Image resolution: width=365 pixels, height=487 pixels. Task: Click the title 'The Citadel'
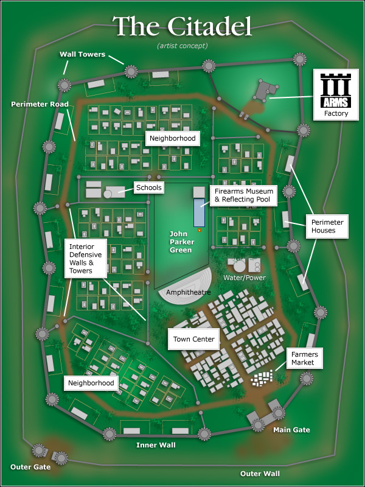[x=182, y=26]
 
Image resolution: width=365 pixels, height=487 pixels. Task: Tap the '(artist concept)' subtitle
[x=182, y=46]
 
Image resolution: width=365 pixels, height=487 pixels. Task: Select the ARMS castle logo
[x=336, y=89]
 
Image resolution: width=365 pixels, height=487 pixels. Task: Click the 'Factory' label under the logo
[x=336, y=113]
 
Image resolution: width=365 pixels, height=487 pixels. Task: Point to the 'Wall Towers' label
[x=82, y=54]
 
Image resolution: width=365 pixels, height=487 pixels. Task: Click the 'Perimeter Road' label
[x=40, y=104]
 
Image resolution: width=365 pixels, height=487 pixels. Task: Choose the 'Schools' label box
[x=149, y=187]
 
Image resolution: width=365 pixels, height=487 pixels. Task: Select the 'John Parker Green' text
[x=182, y=242]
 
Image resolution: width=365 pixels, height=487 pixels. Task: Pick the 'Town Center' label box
[x=194, y=339]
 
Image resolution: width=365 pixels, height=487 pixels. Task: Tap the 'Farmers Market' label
[x=304, y=359]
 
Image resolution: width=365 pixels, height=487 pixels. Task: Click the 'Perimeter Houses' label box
[x=328, y=226]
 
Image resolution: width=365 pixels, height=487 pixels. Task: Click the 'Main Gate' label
[x=291, y=430]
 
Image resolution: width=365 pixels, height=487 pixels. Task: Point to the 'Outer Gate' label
[x=30, y=467]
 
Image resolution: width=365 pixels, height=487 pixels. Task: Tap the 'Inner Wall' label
[x=156, y=446]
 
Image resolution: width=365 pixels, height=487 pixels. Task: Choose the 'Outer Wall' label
[x=260, y=473]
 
